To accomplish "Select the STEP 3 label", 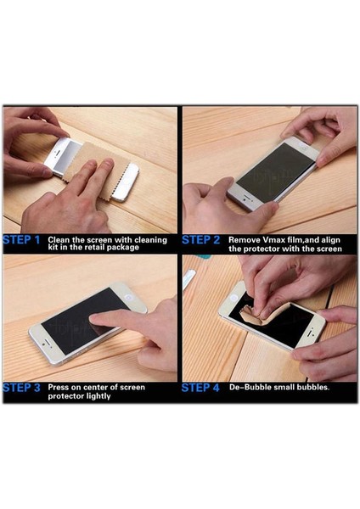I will [23, 389].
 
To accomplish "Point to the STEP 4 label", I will [201, 389].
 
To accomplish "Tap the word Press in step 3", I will [59, 387].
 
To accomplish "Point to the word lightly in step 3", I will [95, 396].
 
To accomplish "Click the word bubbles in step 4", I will [312, 388].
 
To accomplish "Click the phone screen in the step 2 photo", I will [273, 170].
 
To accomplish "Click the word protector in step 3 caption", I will [65, 396].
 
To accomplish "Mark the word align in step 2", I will [324, 240].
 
